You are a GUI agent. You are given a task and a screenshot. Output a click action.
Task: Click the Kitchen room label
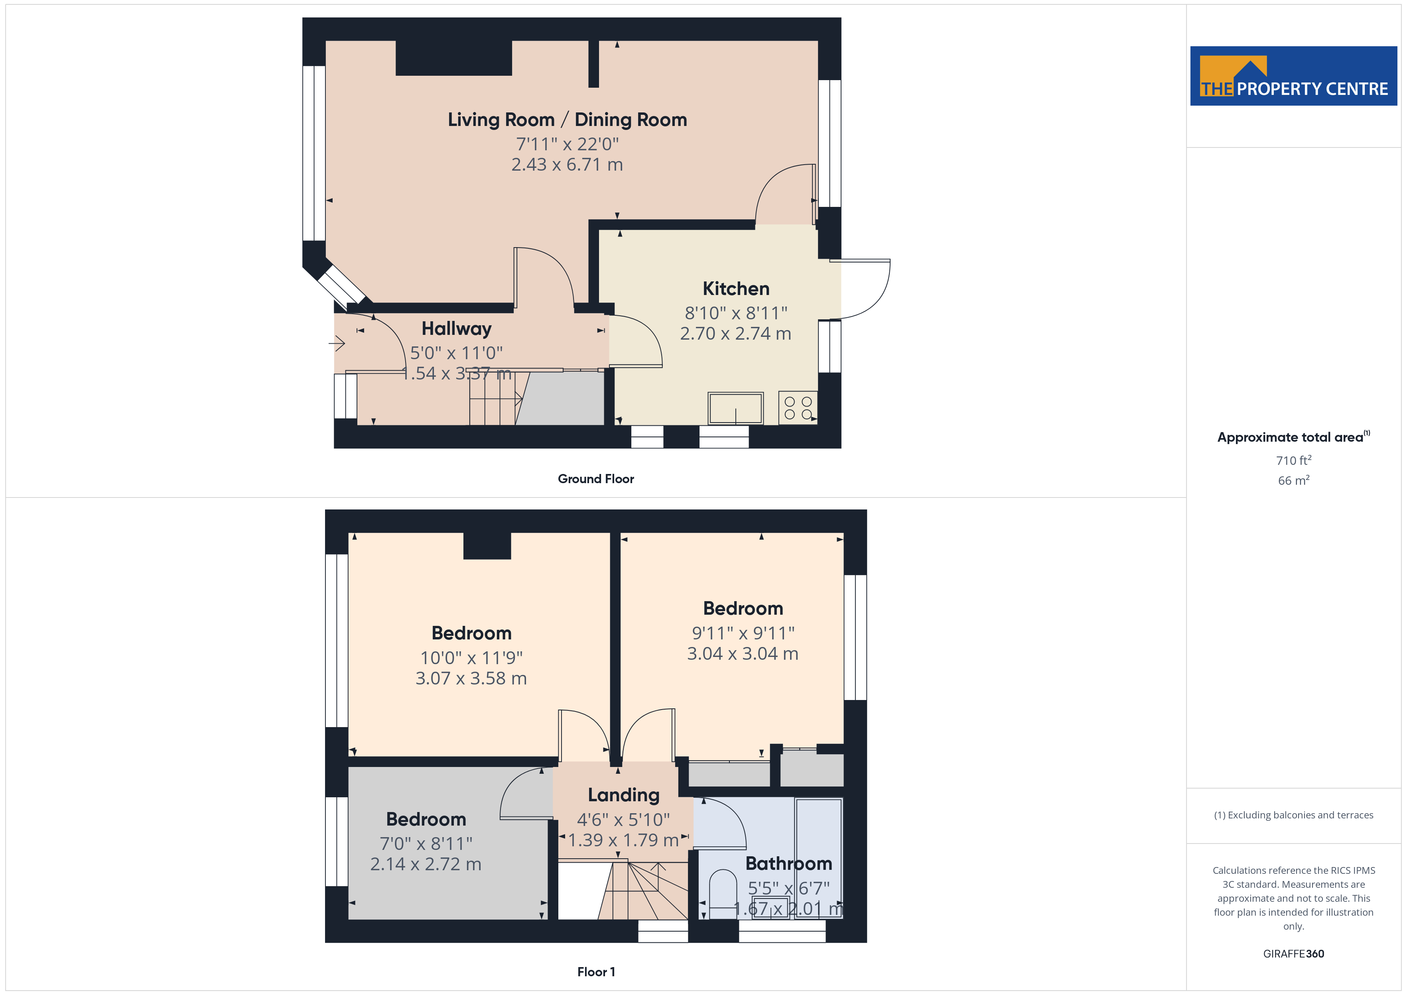[x=735, y=289]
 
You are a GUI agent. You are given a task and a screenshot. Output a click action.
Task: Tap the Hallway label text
[x=457, y=329]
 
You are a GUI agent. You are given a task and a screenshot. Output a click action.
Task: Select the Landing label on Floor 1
[x=624, y=795]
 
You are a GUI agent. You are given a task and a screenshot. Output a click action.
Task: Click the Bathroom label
[x=789, y=863]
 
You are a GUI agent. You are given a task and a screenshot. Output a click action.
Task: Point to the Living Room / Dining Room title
[x=568, y=120]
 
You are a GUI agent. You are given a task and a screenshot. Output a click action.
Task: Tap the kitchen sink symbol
[x=735, y=408]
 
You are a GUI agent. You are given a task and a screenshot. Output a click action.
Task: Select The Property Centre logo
[x=1293, y=76]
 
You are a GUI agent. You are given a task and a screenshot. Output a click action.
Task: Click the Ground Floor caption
[x=596, y=479]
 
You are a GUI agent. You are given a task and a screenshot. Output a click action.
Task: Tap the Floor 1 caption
[x=596, y=972]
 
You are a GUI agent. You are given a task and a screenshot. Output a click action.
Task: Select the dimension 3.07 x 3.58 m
[x=471, y=678]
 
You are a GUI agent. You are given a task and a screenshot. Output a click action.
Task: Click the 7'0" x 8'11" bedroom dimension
[x=426, y=844]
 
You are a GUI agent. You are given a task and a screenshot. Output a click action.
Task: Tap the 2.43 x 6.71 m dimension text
[x=567, y=164]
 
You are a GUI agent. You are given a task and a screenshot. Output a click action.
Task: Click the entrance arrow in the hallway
[x=337, y=344]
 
